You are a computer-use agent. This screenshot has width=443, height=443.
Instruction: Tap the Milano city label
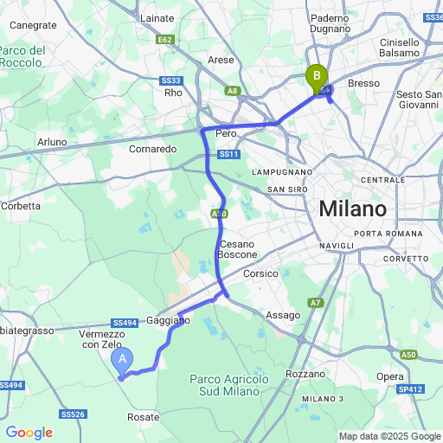[352, 209]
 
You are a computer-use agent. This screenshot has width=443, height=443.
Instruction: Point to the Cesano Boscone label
[238, 249]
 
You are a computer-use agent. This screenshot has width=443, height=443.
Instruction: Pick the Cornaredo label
[152, 149]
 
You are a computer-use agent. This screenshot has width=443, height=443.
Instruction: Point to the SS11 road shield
[228, 154]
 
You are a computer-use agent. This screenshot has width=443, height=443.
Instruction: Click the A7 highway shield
[316, 302]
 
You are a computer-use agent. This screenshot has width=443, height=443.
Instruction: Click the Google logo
[29, 433]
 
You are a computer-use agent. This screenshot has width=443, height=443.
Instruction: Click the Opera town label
[390, 377]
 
